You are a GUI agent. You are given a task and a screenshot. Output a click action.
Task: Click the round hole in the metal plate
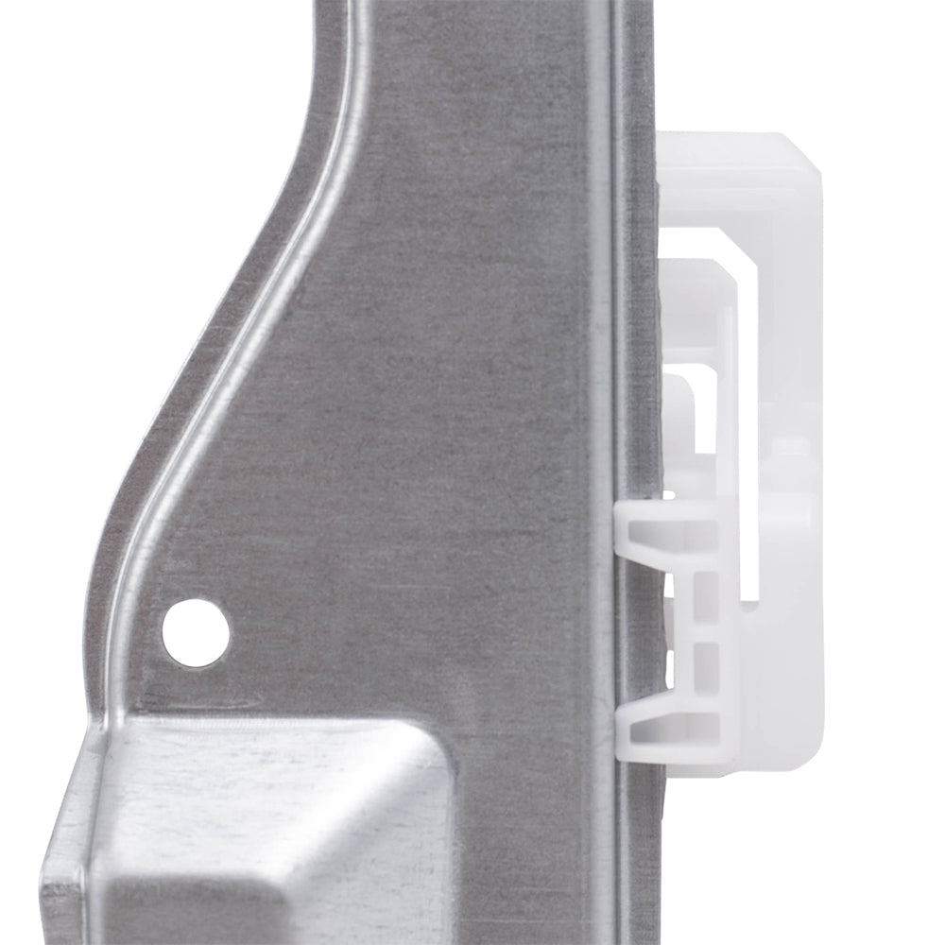point(196,630)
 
